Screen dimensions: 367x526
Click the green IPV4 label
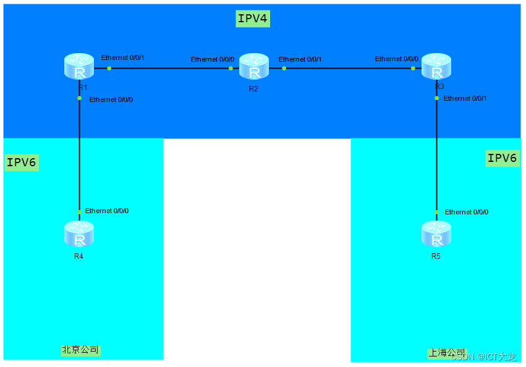coord(253,19)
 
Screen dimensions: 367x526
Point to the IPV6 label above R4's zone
coord(22,162)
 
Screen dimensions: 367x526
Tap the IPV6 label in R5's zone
coord(501,158)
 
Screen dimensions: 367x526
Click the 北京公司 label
coord(80,350)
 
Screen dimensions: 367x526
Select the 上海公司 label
coord(446,353)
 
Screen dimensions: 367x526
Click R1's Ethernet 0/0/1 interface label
coord(122,57)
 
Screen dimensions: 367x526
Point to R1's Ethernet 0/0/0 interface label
coord(111,99)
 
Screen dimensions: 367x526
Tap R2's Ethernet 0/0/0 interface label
coord(213,59)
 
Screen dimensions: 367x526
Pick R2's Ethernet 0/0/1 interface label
coord(300,59)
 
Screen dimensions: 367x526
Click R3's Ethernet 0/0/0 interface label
coord(397,59)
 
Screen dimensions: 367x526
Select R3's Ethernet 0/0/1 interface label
coord(465,98)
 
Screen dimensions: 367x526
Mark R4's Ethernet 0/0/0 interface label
coord(107,211)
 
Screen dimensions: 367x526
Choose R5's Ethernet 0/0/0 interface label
coord(467,212)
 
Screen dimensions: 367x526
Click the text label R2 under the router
coord(253,89)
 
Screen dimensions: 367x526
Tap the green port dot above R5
coord(437,212)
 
